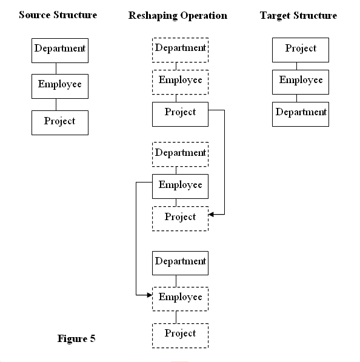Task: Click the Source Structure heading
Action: (x=58, y=15)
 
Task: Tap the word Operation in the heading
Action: (x=204, y=16)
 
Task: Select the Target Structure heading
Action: (x=298, y=16)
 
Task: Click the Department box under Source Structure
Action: (x=60, y=50)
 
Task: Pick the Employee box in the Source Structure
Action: (x=60, y=86)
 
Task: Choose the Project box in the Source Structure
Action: (x=60, y=122)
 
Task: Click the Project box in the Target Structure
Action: (x=301, y=50)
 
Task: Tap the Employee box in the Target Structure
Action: (x=301, y=82)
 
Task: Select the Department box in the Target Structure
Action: (x=301, y=114)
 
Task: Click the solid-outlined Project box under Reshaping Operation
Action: (x=180, y=114)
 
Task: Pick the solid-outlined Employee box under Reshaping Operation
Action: (x=180, y=186)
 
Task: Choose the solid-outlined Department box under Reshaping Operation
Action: (x=180, y=263)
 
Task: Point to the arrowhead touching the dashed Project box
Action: (x=211, y=215)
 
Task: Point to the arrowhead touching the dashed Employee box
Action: (x=150, y=295)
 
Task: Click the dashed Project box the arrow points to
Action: (x=180, y=219)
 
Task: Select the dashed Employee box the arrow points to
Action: (x=180, y=299)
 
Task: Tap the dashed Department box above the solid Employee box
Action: (x=180, y=154)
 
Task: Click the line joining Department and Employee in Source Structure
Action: (x=56, y=69)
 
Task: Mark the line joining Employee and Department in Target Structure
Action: (x=296, y=98)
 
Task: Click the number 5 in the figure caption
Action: (x=93, y=338)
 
